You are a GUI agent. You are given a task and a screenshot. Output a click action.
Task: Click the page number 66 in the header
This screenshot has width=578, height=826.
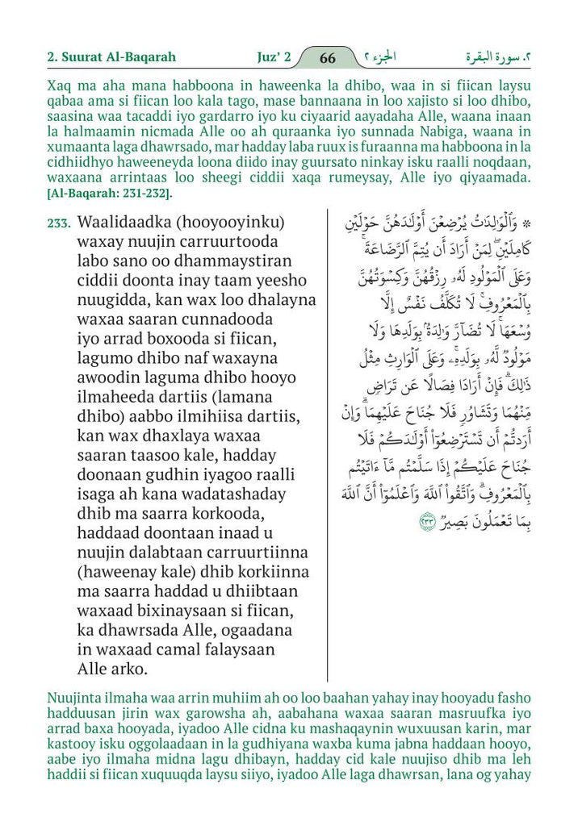point(328,58)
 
